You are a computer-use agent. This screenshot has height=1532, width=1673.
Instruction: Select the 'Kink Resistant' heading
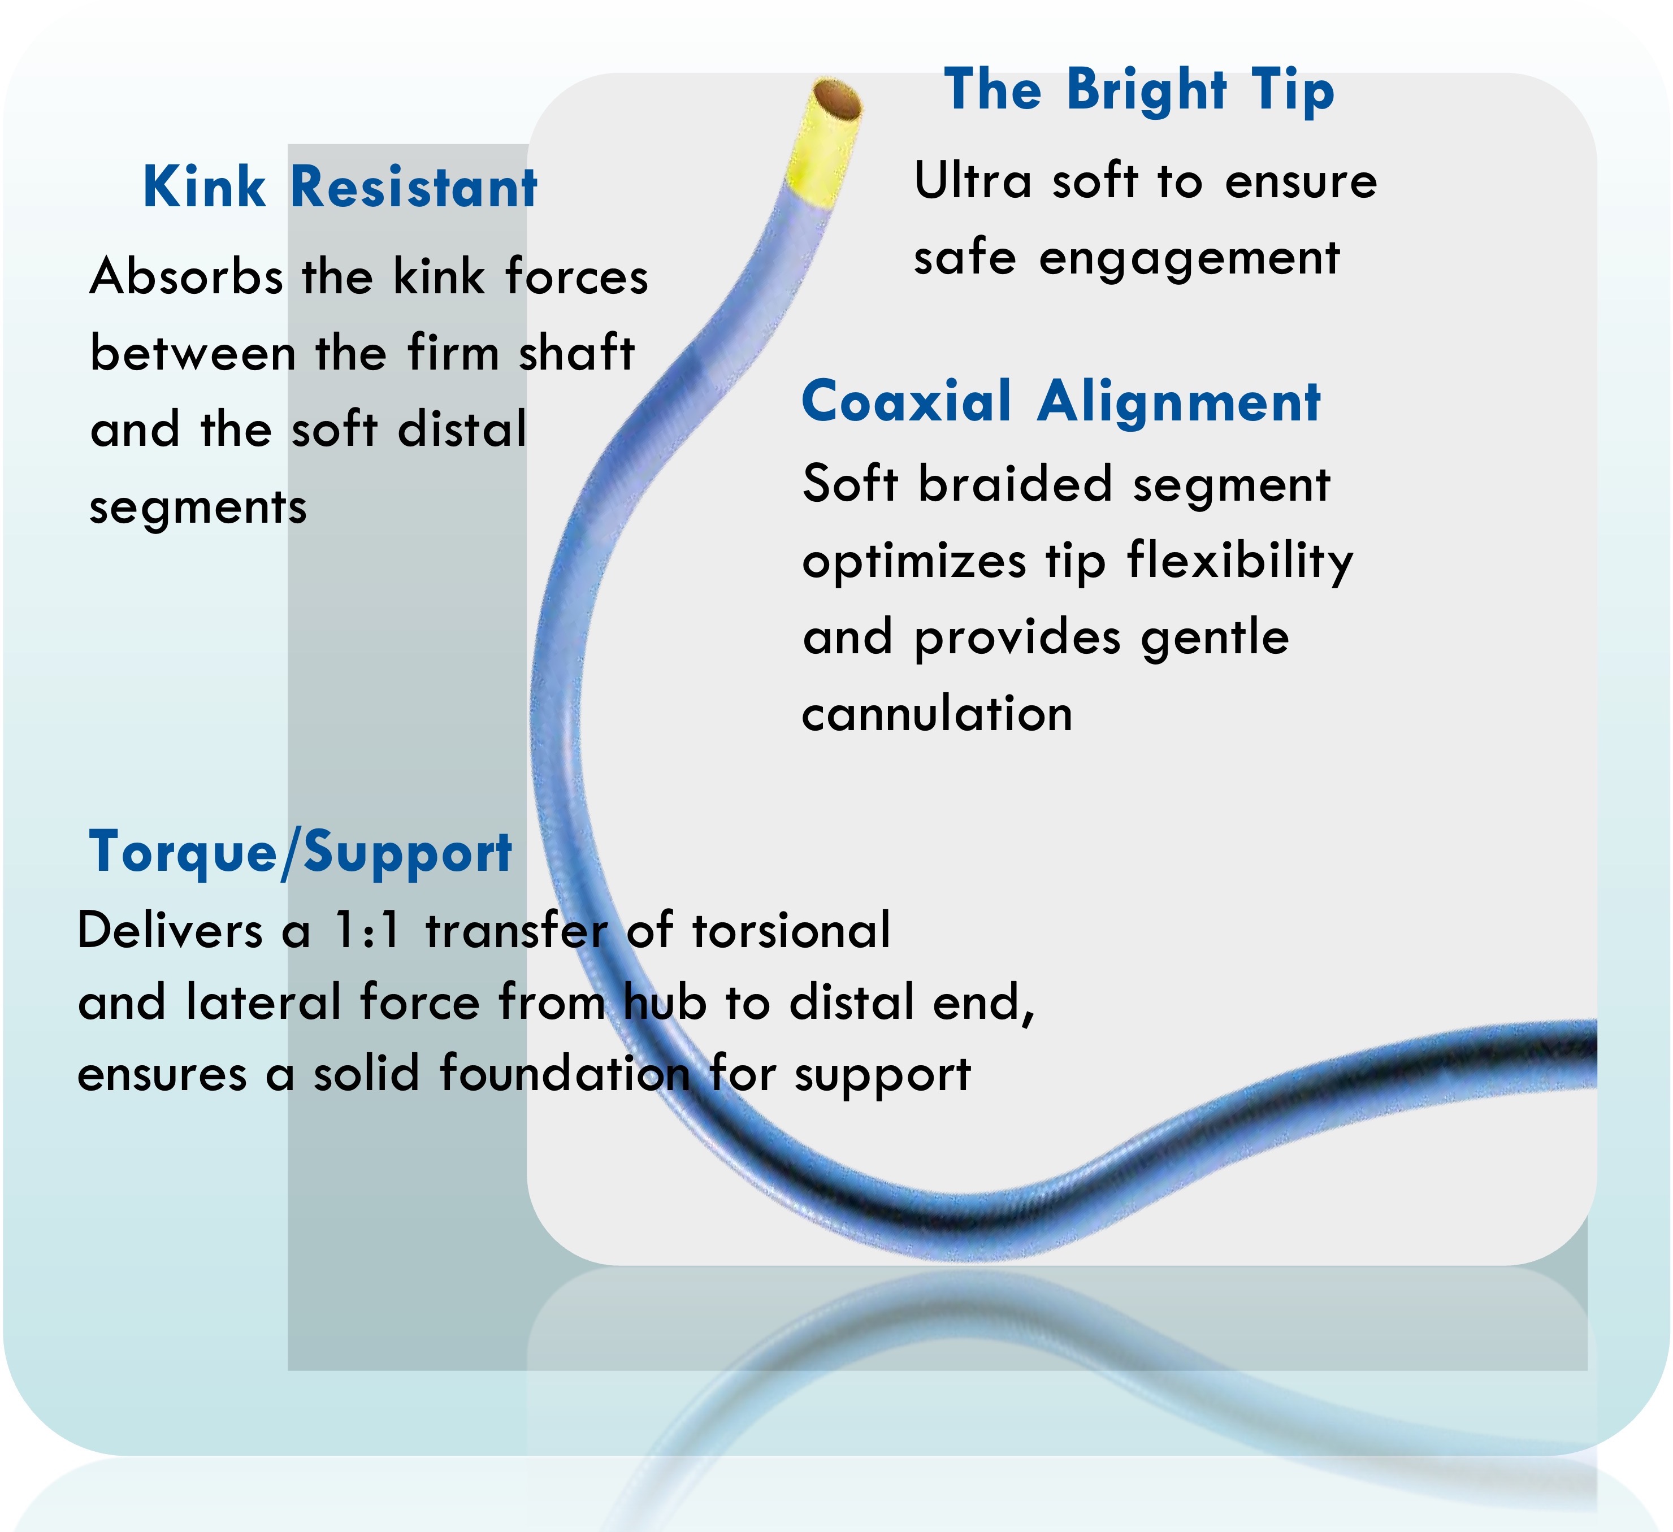340,186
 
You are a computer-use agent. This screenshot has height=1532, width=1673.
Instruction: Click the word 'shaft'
577,352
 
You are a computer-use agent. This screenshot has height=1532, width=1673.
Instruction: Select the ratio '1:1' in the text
366,930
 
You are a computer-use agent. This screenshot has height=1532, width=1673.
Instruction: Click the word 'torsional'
791,930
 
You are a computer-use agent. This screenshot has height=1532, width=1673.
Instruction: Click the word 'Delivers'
170,930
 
